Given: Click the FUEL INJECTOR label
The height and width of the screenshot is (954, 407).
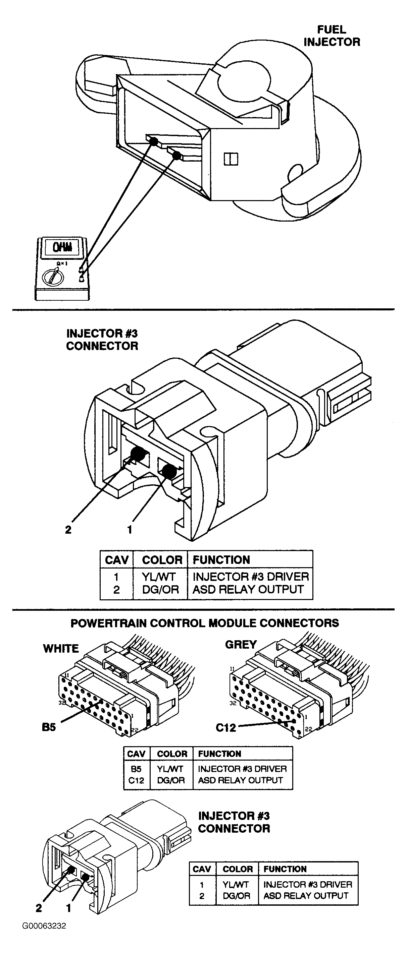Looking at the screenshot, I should [332, 36].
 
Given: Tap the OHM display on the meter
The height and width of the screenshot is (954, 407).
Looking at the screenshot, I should [62, 247].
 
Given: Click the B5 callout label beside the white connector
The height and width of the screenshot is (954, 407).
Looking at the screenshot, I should [49, 727].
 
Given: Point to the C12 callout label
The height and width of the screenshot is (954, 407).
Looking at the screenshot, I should [226, 728].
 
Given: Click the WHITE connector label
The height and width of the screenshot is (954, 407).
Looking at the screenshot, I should [61, 649].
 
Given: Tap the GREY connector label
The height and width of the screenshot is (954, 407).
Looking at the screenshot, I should [241, 645].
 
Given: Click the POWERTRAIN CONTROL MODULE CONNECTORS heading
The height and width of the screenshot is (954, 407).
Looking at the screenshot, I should [205, 623].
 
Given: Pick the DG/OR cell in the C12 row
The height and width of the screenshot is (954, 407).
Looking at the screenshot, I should [171, 780].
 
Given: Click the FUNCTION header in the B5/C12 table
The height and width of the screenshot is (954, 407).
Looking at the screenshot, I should [219, 754].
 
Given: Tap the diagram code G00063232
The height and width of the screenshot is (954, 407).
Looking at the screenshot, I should [44, 926].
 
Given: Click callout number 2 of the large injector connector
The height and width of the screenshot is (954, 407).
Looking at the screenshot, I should [68, 530].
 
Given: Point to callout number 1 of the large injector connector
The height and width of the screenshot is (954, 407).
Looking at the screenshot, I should [130, 530].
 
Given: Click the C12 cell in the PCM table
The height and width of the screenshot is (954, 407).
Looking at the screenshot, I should [136, 780].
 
